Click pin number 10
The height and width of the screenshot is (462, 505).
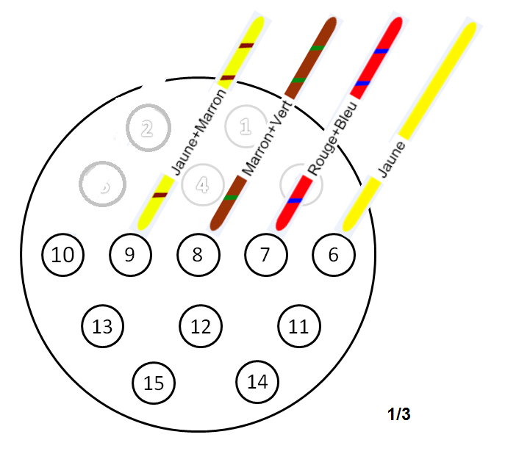[x=63, y=255]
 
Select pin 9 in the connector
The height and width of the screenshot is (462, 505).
[x=130, y=255]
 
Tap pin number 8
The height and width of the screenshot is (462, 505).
[x=197, y=255]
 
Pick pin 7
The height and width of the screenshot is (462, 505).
[x=265, y=255]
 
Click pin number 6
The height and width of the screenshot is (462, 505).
[x=334, y=255]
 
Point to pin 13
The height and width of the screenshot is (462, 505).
[x=102, y=326]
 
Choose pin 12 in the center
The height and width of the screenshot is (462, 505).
[x=201, y=326]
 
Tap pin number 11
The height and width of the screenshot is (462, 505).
[x=298, y=326]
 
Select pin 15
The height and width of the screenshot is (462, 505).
[x=154, y=383]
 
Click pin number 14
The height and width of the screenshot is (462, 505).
[x=257, y=381]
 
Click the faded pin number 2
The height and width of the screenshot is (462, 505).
[x=147, y=129]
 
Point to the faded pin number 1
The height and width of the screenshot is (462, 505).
[x=246, y=126]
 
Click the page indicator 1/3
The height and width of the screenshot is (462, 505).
[x=398, y=414]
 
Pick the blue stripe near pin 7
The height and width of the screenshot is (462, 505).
[x=296, y=201]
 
